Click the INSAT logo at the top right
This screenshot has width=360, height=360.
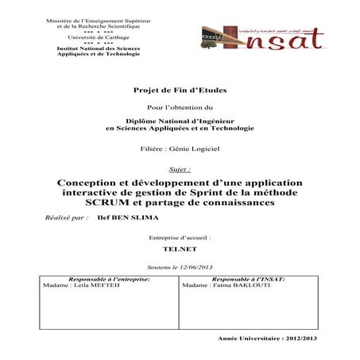point(279,37)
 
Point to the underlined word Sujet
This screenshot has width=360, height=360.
point(181,169)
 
